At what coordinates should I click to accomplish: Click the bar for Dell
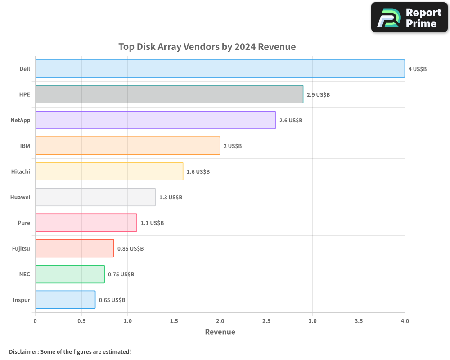(220, 69)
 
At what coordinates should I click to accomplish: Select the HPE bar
(169, 94)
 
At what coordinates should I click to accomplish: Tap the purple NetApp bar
(155, 120)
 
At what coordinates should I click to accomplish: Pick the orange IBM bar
(127, 146)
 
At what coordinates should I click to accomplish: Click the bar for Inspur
(65, 300)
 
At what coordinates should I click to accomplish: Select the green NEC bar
(70, 274)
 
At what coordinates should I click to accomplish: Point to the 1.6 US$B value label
(198, 172)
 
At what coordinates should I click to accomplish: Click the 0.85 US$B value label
(130, 249)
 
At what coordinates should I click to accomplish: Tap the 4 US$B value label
(417, 69)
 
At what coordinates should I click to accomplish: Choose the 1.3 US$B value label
(171, 198)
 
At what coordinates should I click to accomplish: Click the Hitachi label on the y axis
(20, 171)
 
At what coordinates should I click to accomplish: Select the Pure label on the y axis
(24, 223)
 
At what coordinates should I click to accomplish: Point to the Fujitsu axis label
(21, 248)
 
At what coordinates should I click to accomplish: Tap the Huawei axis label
(20, 197)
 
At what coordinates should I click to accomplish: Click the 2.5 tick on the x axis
(266, 321)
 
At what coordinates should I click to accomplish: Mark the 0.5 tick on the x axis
(81, 321)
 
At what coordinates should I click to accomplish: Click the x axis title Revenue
(220, 332)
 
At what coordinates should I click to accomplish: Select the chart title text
(207, 47)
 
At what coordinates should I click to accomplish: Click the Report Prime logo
(409, 18)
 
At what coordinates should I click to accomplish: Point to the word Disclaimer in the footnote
(23, 351)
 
